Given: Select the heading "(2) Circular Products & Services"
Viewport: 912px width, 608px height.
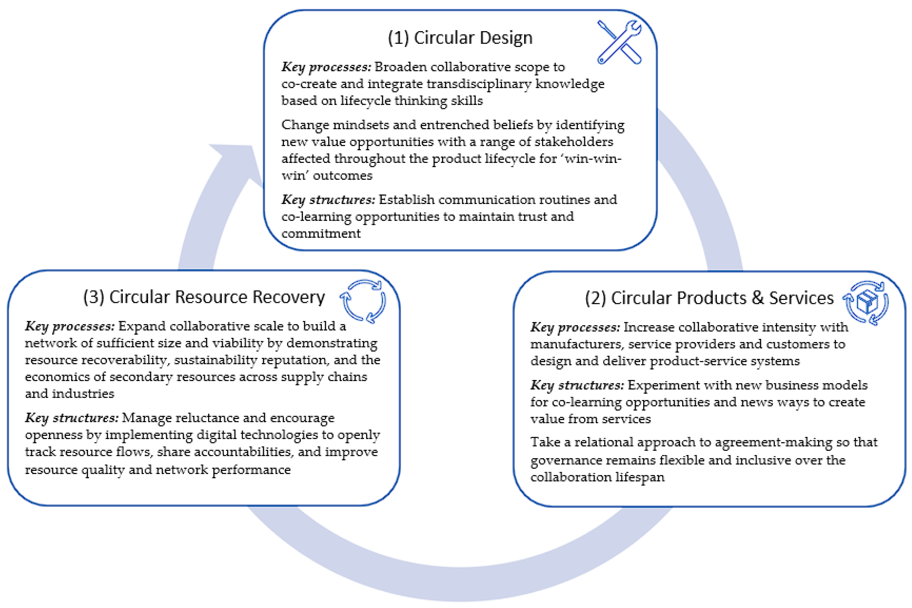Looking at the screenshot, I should click(709, 298).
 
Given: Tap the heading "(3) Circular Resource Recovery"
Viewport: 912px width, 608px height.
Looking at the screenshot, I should click(204, 297).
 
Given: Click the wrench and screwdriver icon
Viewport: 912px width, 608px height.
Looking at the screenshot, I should click(619, 42).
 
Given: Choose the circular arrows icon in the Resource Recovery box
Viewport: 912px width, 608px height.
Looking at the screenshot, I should click(363, 301).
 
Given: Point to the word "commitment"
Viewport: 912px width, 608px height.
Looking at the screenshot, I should click(321, 233).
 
